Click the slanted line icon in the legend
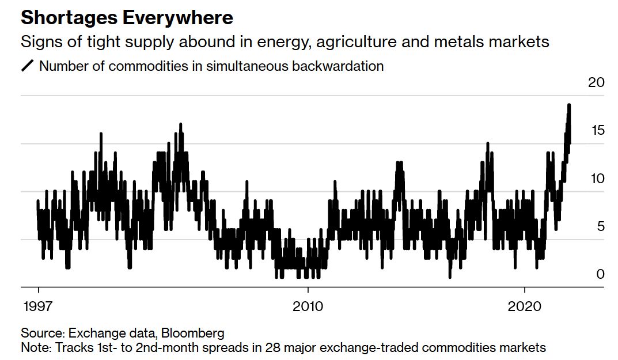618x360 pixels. [x=28, y=66]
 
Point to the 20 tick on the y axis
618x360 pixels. [x=596, y=82]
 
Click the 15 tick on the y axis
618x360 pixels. [x=597, y=131]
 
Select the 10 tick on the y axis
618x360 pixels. [x=597, y=179]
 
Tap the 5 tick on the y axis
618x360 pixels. [x=600, y=226]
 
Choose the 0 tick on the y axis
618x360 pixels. [x=600, y=274]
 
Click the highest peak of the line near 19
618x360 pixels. [x=569, y=105]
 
